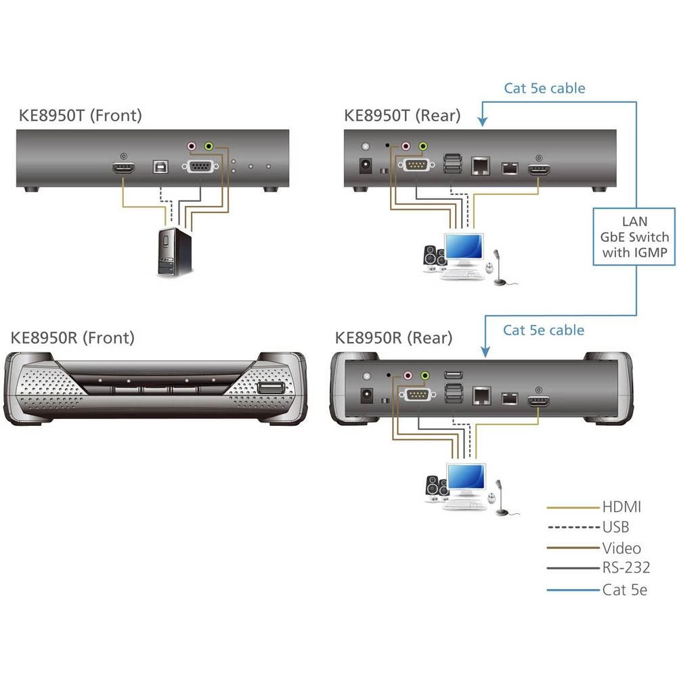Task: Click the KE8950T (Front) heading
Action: (x=80, y=115)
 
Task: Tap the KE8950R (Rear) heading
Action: (x=393, y=336)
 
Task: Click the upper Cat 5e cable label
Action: (x=544, y=88)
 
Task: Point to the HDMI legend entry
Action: (x=621, y=506)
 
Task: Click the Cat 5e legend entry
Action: (x=624, y=590)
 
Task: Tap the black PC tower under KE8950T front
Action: (x=175, y=251)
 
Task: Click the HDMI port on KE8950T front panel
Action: (x=123, y=168)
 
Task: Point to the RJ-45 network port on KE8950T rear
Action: (x=480, y=166)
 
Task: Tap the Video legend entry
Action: (x=621, y=548)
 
